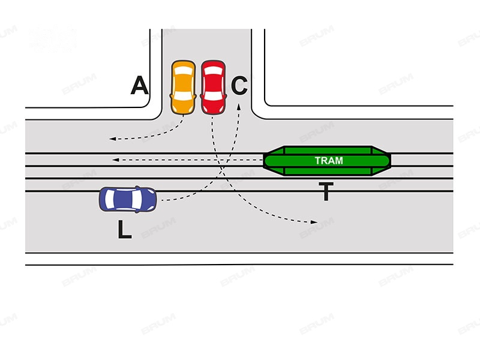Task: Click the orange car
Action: [183, 88]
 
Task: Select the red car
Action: [214, 88]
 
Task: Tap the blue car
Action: [128, 199]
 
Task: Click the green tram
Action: [327, 161]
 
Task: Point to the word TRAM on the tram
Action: [329, 161]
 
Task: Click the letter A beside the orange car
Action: [140, 85]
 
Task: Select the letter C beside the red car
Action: [239, 85]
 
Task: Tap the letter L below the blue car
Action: [125, 229]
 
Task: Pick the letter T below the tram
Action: [326, 191]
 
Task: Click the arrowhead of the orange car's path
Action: [112, 139]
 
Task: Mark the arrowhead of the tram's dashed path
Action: [115, 160]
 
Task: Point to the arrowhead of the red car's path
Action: [314, 222]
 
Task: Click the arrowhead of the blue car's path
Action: [239, 106]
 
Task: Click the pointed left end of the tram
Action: [264, 161]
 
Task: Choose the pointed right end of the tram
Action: [391, 161]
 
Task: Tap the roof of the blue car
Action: [125, 199]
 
